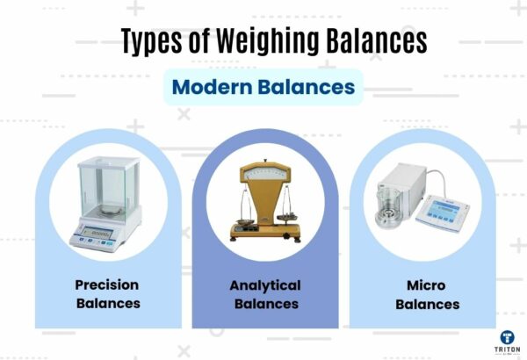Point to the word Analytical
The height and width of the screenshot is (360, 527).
click(x=264, y=285)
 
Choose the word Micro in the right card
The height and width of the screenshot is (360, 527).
click(x=427, y=285)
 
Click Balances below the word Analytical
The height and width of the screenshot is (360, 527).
click(x=264, y=304)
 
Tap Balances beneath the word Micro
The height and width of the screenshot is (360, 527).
click(x=427, y=304)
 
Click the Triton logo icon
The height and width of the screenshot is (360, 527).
click(x=507, y=337)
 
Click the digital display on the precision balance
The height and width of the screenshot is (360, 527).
click(x=98, y=233)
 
